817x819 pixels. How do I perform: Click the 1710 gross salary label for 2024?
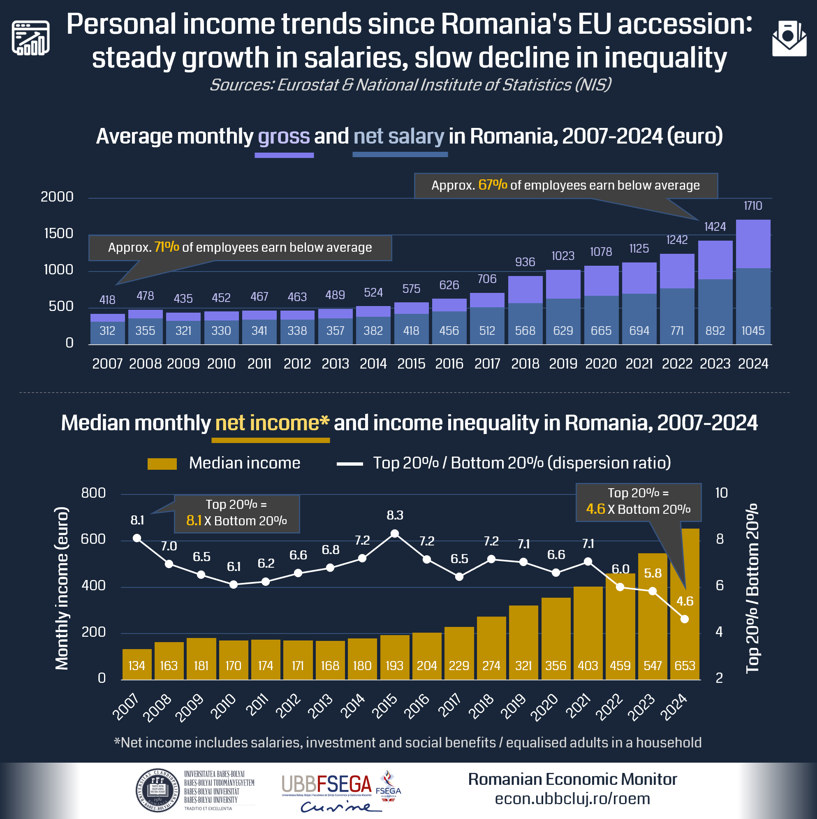pos(752,206)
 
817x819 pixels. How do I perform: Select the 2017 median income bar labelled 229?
pos(459,653)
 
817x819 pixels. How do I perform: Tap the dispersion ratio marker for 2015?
pos(394,534)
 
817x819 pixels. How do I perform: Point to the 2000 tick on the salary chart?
pos(57,197)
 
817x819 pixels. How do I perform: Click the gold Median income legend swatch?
pos(162,464)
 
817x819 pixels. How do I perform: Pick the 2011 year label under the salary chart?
pos(259,364)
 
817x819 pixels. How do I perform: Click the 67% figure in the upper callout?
pos(493,185)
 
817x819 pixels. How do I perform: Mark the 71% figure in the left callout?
pos(167,247)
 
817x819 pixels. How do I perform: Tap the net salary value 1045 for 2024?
pos(752,331)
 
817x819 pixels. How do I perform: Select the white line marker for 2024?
pos(684,619)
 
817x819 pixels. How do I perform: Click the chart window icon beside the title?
pos(30,38)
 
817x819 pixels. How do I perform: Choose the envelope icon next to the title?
pos(789,39)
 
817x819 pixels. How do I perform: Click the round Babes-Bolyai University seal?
pos(157,791)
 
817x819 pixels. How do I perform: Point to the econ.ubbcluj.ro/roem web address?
pos(572,799)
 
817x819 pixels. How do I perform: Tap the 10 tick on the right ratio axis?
pos(721,493)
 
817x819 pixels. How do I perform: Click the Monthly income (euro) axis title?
pos(62,588)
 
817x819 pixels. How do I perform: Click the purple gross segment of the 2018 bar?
pos(525,290)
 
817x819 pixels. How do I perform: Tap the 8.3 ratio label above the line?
pos(394,515)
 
